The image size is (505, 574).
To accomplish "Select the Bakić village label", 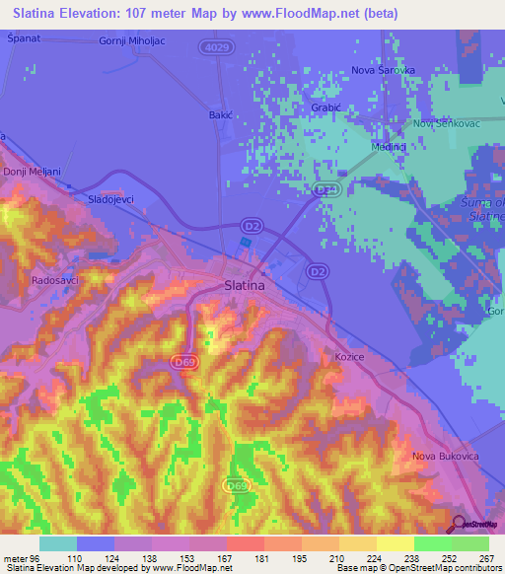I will pos(219,115).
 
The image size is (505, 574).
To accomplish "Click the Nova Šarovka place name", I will pos(385,71).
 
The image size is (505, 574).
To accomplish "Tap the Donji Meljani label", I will pos(32,172).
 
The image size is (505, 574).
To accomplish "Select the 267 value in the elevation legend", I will pos(485,557).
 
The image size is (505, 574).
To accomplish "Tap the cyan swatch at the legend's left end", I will pos(57,542).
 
